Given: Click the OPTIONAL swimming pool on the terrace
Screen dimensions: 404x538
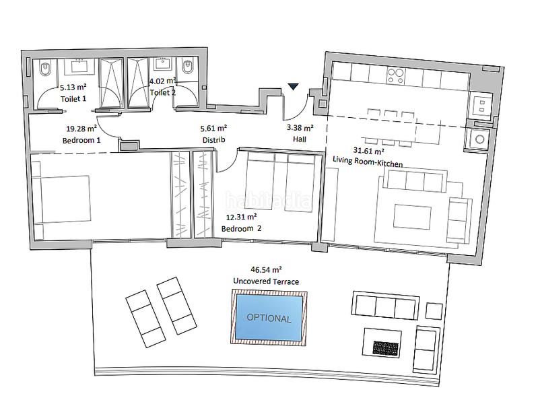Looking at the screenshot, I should coord(269,317).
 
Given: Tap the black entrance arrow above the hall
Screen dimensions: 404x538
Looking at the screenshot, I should coord(294,87).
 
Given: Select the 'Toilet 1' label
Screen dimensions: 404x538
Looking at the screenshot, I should coord(75,98).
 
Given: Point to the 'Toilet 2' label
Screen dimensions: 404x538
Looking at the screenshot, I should coord(162,92).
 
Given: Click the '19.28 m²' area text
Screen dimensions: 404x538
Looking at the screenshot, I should coord(81,129).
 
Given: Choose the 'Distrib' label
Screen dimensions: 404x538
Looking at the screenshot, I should coord(212,139).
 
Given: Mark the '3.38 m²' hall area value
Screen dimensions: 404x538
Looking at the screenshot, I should coord(299,128).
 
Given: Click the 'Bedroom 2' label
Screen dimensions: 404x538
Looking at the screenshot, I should coord(241,229).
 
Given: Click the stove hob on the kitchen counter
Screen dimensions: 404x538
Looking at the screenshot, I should coord(395,76).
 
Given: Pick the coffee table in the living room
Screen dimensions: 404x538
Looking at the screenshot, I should coord(412,217).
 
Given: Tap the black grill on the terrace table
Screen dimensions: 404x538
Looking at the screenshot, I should coord(389,347).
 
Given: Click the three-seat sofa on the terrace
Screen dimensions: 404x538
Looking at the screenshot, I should coord(383,307).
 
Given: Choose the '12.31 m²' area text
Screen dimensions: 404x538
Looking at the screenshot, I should coord(241,217).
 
